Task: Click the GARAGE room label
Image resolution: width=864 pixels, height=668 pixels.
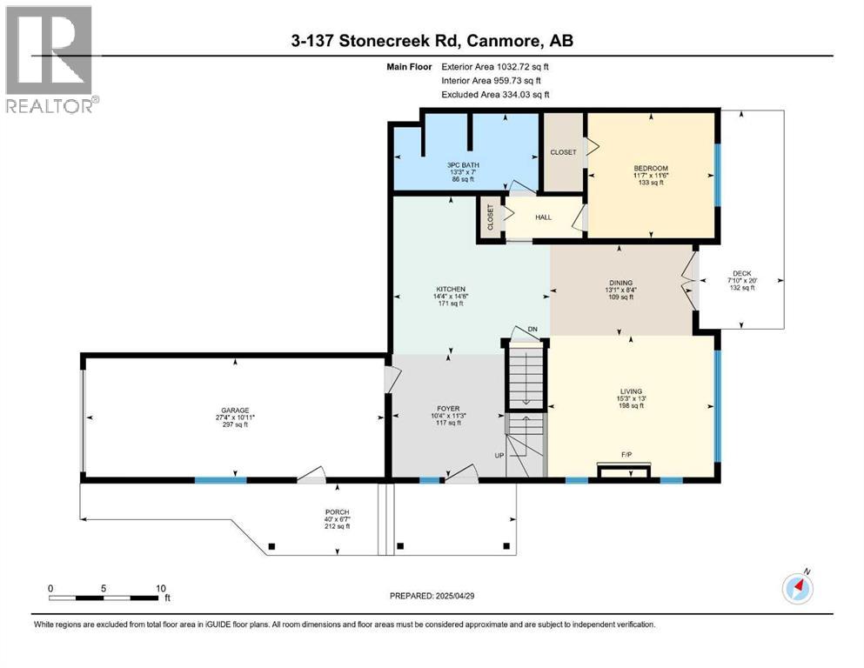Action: pos(235,410)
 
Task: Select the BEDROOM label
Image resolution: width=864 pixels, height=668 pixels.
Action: pos(651,168)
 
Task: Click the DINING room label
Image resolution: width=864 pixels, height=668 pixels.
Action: pos(619,283)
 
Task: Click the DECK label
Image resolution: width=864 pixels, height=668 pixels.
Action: pos(741,274)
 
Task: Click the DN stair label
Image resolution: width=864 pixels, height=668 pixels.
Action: pos(532,329)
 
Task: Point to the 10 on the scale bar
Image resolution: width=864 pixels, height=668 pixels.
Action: pos(160,588)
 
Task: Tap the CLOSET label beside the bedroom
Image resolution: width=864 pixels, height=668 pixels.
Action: pos(563,152)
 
